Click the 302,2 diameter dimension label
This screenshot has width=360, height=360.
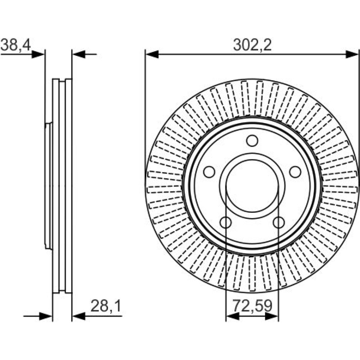[252, 45]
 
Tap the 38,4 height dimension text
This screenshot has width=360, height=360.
[15, 45]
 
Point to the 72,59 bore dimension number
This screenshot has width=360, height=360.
[252, 306]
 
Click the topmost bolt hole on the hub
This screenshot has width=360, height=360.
[252, 141]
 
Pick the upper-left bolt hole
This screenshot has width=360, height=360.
[209, 172]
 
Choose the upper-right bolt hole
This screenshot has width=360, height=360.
[295, 172]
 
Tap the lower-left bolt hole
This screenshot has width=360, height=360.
[225, 222]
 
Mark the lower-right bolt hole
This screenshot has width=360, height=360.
[279, 222]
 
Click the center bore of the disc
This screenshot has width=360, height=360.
[252, 186]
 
